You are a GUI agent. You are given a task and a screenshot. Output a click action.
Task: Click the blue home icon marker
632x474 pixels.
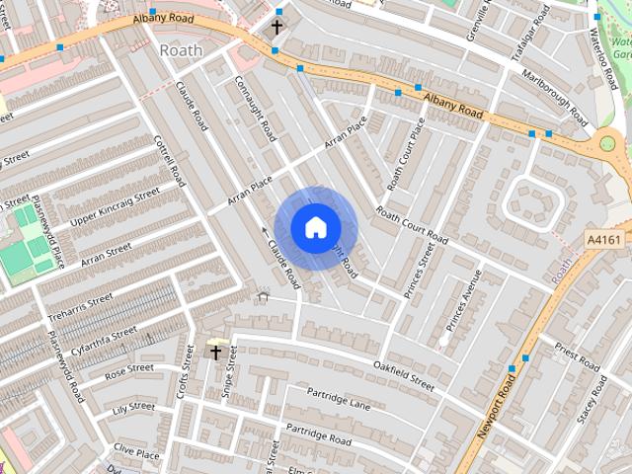coord(315,228)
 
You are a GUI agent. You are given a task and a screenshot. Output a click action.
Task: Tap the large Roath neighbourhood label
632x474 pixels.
coord(180,49)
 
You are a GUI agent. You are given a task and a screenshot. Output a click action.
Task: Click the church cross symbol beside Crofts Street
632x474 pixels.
coord(215,351)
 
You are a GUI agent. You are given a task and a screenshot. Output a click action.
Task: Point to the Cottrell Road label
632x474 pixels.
coord(170,161)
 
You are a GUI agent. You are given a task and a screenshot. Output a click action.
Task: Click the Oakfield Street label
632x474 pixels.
coord(404,375)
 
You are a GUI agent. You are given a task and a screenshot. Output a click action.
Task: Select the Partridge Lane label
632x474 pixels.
coord(338,398)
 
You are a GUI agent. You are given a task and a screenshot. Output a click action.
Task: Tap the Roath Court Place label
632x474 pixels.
coord(406,154)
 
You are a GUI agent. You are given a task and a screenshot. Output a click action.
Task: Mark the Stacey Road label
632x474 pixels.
coord(592,398)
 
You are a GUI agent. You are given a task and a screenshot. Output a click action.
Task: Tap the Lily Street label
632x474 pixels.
coord(133,407)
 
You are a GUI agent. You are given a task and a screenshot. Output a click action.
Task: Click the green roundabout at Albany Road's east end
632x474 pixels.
coord(607,144)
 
